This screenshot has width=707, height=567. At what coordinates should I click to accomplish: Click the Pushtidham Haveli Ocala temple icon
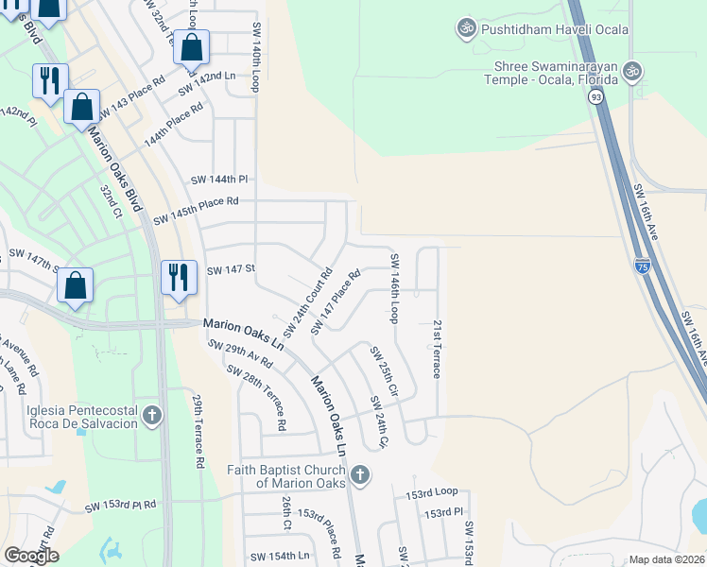point(465,29)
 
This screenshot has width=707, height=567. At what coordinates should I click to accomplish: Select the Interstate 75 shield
point(642,266)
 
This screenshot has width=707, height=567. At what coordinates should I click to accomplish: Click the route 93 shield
point(595,96)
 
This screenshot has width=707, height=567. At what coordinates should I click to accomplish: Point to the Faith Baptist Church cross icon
point(358,474)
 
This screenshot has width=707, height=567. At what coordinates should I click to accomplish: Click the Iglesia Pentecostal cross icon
point(151,415)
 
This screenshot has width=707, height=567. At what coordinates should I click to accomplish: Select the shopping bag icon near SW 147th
point(76,284)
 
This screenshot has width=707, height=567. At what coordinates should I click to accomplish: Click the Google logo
point(31,556)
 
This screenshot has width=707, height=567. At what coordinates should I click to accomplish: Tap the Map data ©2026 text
point(666,559)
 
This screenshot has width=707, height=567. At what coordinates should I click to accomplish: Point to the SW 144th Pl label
point(218,179)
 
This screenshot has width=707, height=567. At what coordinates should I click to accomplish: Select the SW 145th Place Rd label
point(196,201)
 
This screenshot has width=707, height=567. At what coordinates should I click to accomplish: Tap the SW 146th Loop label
point(394,288)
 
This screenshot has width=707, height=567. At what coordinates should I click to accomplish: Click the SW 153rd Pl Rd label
point(120,506)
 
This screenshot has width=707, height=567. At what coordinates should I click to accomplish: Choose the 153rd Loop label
point(431,492)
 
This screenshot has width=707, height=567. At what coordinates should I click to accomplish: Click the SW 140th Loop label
point(255,58)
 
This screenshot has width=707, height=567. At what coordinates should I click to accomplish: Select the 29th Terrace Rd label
point(198,433)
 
